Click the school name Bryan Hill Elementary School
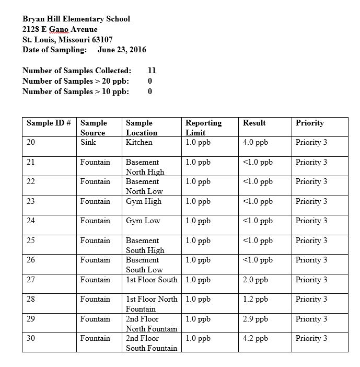click(x=76, y=19)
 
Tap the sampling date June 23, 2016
click(x=122, y=50)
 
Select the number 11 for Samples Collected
click(x=152, y=71)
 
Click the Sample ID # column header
click(x=49, y=123)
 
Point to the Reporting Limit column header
click(x=203, y=128)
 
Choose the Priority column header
click(x=309, y=123)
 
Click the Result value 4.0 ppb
click(x=256, y=142)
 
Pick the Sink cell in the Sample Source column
click(x=88, y=142)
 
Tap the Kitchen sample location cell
click(x=139, y=142)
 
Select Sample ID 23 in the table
click(x=31, y=201)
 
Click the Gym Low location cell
click(x=143, y=221)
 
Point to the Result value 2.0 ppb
click(x=256, y=280)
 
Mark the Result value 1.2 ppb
click(x=256, y=299)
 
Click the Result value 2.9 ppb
click(x=256, y=319)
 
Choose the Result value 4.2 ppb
click(x=256, y=338)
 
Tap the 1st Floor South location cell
click(x=152, y=280)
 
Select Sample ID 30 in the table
click(x=31, y=338)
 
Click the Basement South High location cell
click(x=145, y=245)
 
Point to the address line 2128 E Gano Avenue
click(x=60, y=29)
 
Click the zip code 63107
click(x=101, y=40)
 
